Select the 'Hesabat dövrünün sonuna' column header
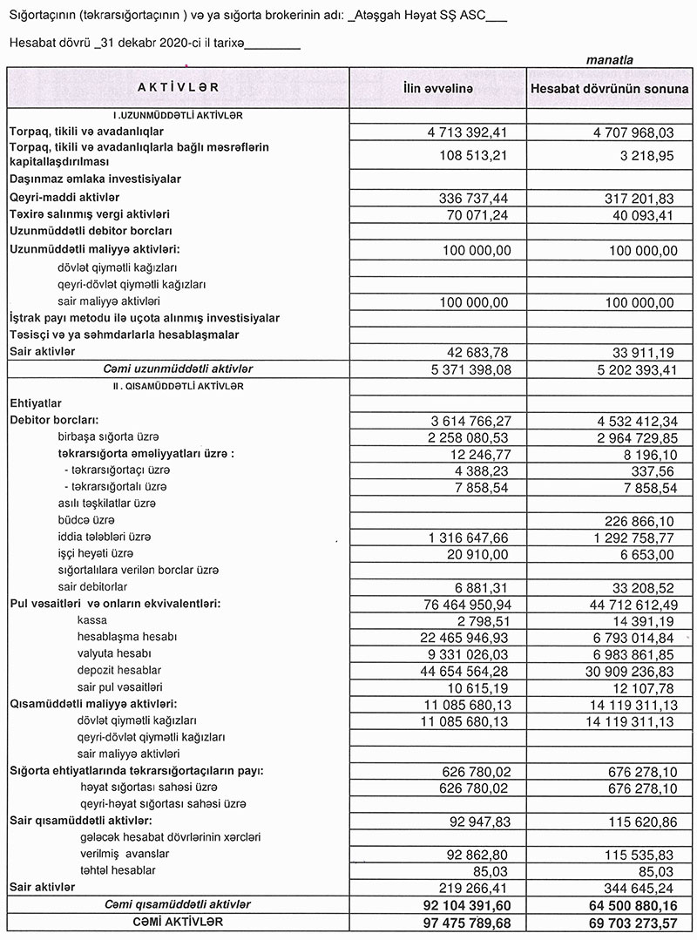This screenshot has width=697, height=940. [609, 89]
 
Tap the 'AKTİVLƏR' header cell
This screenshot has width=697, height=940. [178, 88]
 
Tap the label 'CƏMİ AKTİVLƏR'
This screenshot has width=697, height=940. [178, 921]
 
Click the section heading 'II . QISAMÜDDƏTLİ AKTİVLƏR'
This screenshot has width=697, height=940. [178, 385]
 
